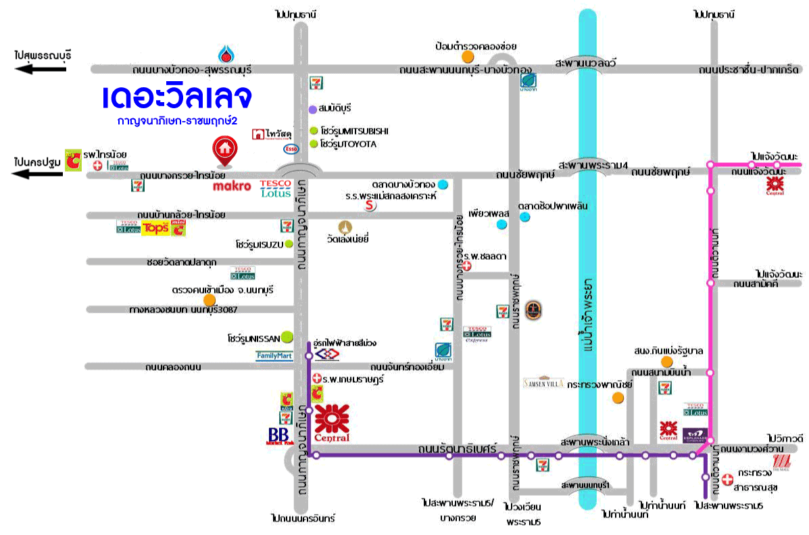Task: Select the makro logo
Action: (232, 186)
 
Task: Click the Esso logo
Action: (291, 148)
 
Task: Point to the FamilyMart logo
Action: (274, 355)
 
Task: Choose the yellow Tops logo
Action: (154, 228)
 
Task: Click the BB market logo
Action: (278, 436)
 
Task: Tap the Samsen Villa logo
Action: (543, 382)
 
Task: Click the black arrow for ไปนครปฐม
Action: (41, 174)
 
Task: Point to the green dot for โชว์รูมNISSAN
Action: (287, 336)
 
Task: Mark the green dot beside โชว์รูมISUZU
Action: (289, 243)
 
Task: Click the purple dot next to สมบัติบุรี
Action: (312, 109)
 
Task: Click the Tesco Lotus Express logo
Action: (476, 334)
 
